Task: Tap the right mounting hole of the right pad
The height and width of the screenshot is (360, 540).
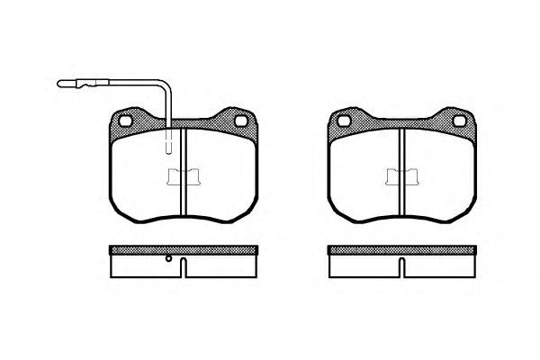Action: [x=458, y=121]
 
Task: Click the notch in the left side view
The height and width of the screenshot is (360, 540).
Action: [x=183, y=267]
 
